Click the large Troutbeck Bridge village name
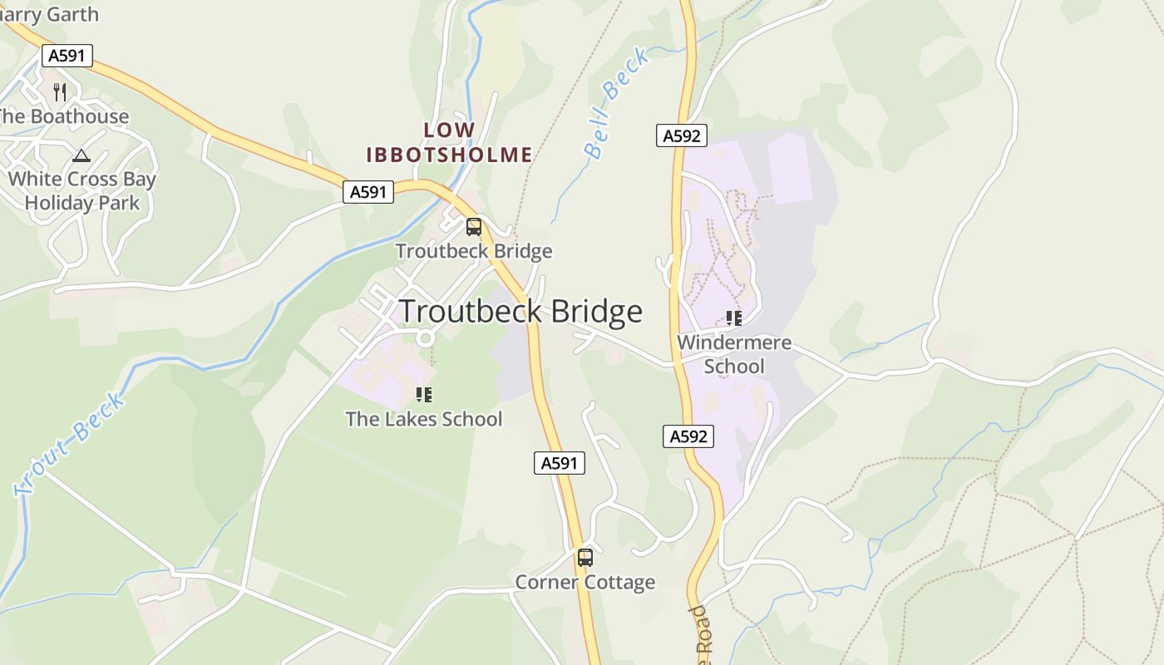click(521, 312)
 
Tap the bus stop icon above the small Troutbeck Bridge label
click(473, 226)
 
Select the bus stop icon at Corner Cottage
click(585, 558)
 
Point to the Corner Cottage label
click(585, 582)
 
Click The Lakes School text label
click(424, 419)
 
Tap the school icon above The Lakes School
click(424, 394)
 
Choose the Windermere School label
click(734, 354)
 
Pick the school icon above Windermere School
click(733, 318)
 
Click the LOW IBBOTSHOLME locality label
click(450, 142)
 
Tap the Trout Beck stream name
click(71, 443)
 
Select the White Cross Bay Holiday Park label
click(82, 190)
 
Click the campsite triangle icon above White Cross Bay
click(81, 155)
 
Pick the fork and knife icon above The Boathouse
click(60, 91)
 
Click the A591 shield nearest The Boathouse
click(67, 56)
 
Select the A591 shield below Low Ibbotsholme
click(368, 192)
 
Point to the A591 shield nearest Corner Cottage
click(560, 463)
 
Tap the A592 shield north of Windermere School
click(682, 135)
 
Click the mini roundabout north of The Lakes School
click(426, 337)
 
